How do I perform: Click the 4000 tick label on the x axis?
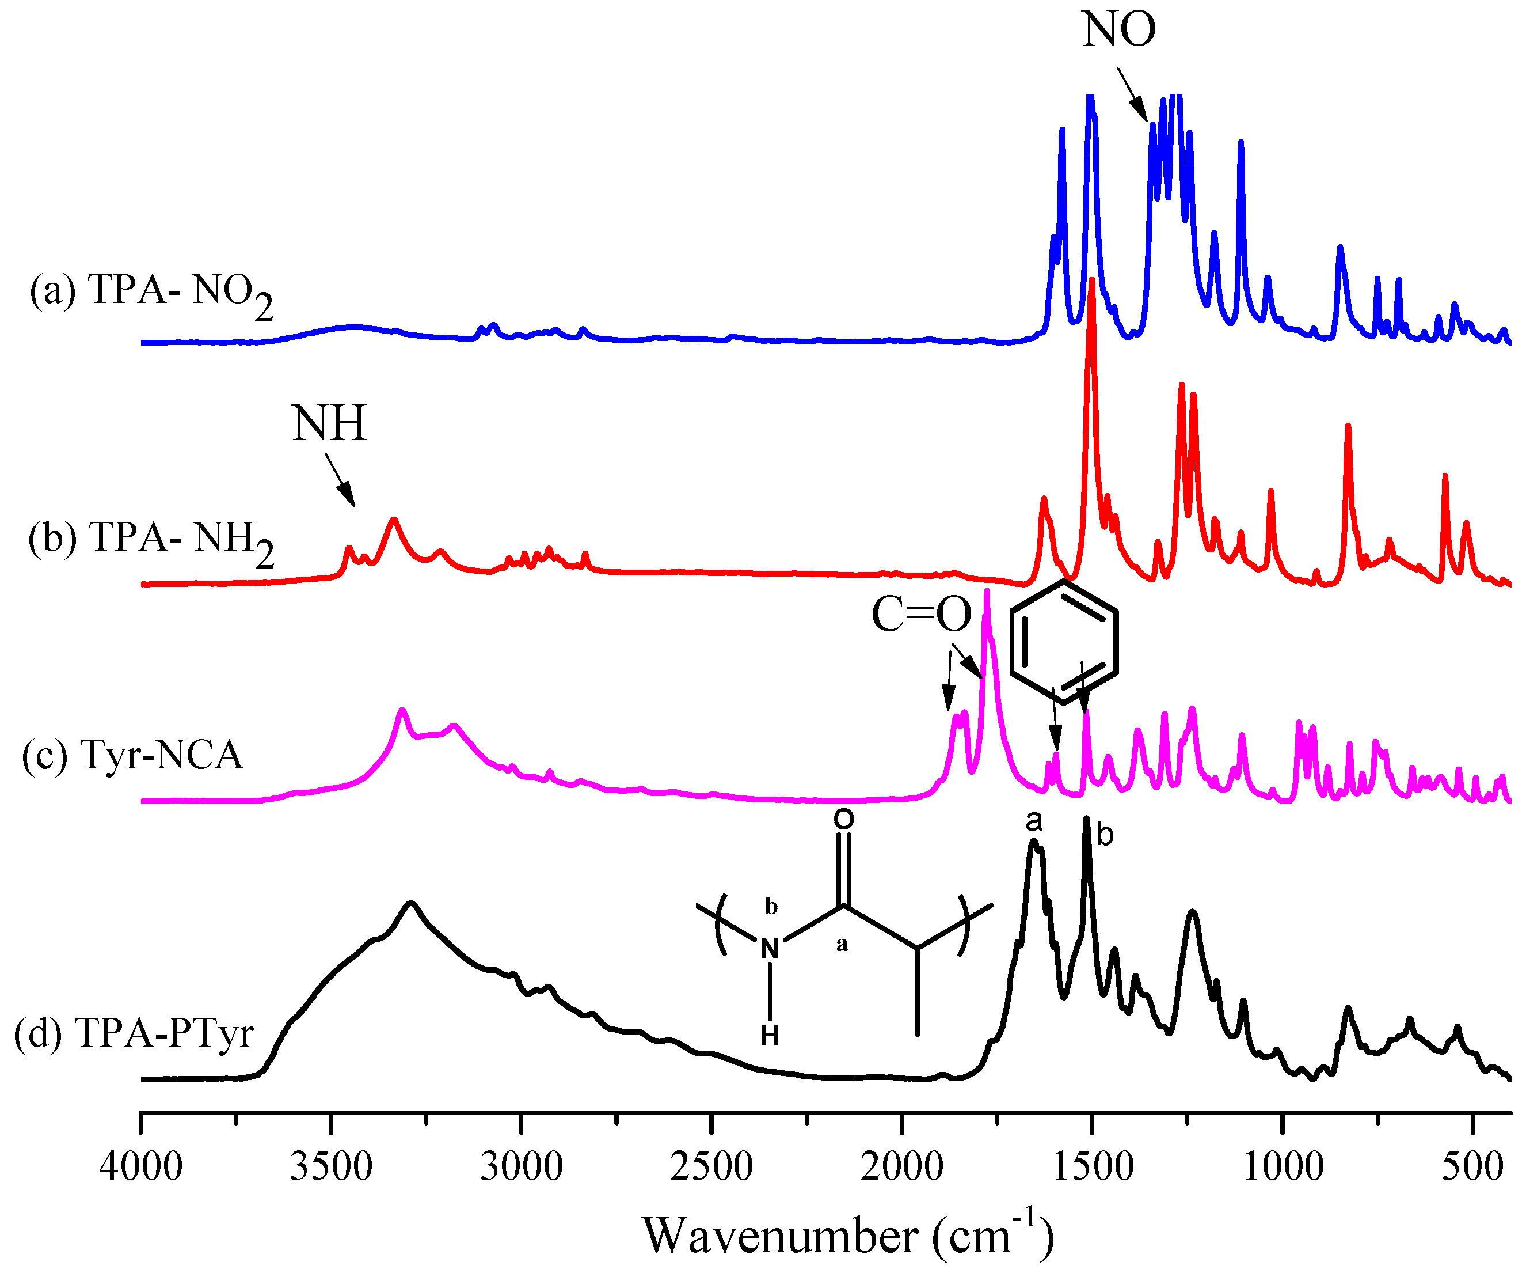(141, 1168)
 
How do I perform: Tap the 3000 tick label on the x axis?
(522, 1168)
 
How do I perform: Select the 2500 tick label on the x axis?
(711, 1168)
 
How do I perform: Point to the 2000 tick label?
(902, 1168)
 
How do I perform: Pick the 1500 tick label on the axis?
(1092, 1168)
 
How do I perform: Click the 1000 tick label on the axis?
(1283, 1168)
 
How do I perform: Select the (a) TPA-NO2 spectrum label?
(151, 292)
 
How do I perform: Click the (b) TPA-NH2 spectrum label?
(151, 540)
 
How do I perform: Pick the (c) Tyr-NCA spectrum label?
(132, 754)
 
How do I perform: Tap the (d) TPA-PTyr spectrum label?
(134, 1033)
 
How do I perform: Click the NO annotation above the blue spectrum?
(1118, 31)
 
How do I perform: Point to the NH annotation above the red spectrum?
(329, 423)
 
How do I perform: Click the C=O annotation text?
(922, 615)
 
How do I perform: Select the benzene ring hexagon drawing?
(1064, 642)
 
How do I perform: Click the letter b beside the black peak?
(1105, 835)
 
